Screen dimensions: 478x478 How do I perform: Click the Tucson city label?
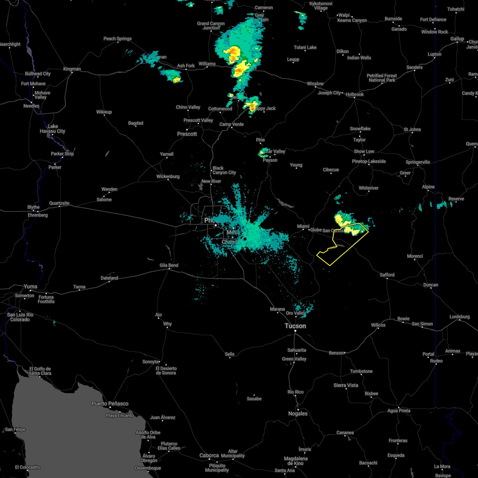(x=295, y=326)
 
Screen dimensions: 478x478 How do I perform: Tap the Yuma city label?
(x=30, y=286)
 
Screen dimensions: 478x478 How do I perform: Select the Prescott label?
(x=187, y=134)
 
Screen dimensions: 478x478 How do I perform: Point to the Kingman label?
(x=72, y=69)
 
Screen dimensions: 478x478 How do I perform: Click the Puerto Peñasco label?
(x=110, y=404)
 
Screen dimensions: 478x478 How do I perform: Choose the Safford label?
(x=387, y=275)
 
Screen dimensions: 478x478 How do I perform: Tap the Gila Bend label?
(x=168, y=265)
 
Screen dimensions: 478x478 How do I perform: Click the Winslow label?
(x=315, y=84)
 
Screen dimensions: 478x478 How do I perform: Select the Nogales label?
(x=298, y=413)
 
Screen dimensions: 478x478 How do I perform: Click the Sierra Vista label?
(x=346, y=385)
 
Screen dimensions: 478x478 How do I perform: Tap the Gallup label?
(x=457, y=39)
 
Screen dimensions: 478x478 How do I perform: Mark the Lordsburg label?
(x=460, y=317)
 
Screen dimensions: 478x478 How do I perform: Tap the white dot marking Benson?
(x=345, y=353)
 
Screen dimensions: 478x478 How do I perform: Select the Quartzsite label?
(x=59, y=203)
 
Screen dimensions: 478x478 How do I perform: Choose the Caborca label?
(x=209, y=455)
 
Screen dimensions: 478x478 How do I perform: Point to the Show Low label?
(x=364, y=151)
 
